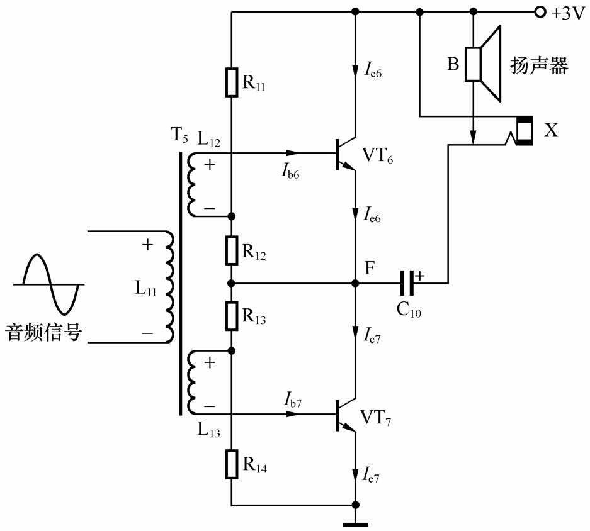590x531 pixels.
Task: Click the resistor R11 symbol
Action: point(232,82)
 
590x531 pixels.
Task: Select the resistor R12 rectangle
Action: point(232,250)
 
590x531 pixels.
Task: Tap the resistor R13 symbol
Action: point(232,316)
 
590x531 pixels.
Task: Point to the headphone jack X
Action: point(523,131)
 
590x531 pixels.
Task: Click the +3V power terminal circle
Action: point(539,12)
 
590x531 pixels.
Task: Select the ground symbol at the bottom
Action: point(356,521)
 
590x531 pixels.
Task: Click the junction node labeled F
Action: point(356,284)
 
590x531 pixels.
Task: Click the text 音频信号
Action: point(43,332)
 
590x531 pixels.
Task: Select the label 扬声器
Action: point(538,66)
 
